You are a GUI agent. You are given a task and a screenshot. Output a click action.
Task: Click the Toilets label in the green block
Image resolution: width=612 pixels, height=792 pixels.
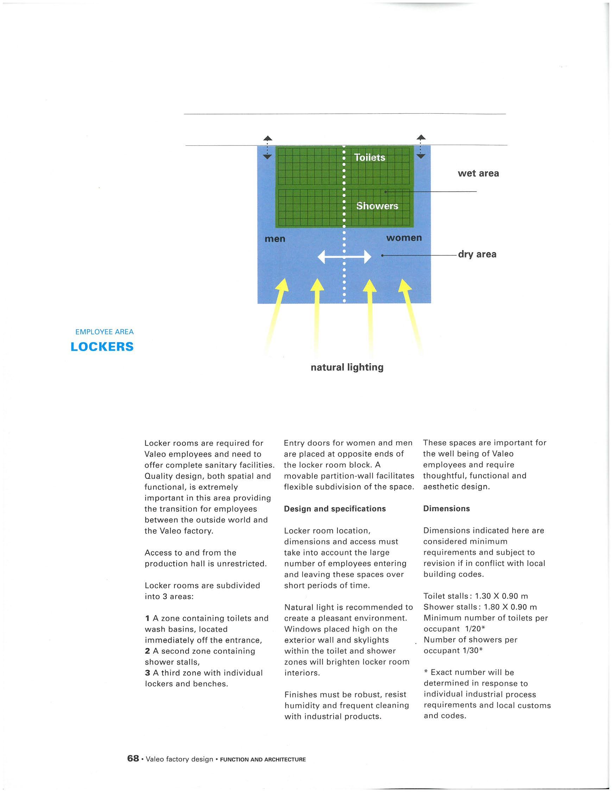pyautogui.click(x=369, y=158)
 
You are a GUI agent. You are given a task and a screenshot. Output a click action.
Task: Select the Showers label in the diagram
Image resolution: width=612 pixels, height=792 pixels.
pyautogui.click(x=377, y=206)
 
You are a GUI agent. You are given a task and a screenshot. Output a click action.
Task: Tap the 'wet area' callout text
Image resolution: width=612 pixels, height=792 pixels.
pyautogui.click(x=478, y=173)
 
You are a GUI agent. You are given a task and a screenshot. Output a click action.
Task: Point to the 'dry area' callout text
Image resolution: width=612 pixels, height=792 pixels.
pyautogui.click(x=477, y=254)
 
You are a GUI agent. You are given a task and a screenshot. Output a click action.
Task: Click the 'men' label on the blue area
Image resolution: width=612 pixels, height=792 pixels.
pyautogui.click(x=275, y=239)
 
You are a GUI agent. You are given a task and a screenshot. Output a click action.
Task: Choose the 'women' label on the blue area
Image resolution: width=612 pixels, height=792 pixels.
pyautogui.click(x=404, y=238)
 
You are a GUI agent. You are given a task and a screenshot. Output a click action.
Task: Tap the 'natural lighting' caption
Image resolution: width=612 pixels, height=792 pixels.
pyautogui.click(x=347, y=367)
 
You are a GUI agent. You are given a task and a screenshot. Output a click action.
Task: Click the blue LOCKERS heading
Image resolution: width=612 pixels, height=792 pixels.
pyautogui.click(x=102, y=347)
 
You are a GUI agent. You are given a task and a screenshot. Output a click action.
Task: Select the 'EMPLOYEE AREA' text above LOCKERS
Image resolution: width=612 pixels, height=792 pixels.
pyautogui.click(x=105, y=332)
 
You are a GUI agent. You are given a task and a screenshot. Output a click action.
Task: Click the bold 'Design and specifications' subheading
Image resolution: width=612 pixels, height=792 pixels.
pyautogui.click(x=335, y=509)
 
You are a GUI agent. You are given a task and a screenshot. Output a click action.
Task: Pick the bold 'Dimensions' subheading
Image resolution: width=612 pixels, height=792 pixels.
pyautogui.click(x=446, y=508)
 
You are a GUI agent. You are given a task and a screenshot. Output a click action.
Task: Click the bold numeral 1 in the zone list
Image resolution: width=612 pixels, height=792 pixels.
pyautogui.click(x=147, y=618)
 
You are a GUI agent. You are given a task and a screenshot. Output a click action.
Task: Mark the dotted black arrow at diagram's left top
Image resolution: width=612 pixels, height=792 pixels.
pyautogui.click(x=267, y=147)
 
